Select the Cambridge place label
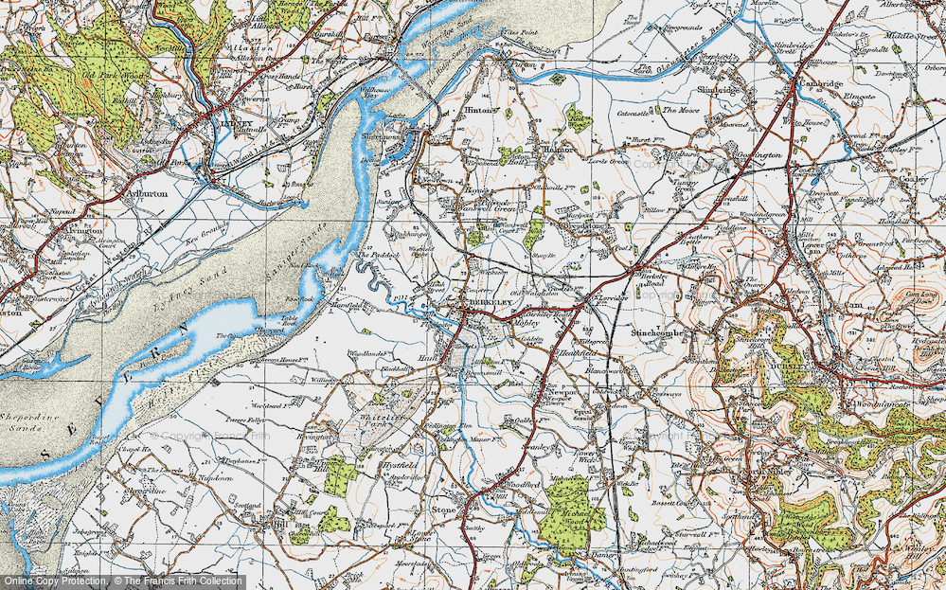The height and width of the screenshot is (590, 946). pyautogui.click(x=819, y=83)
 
